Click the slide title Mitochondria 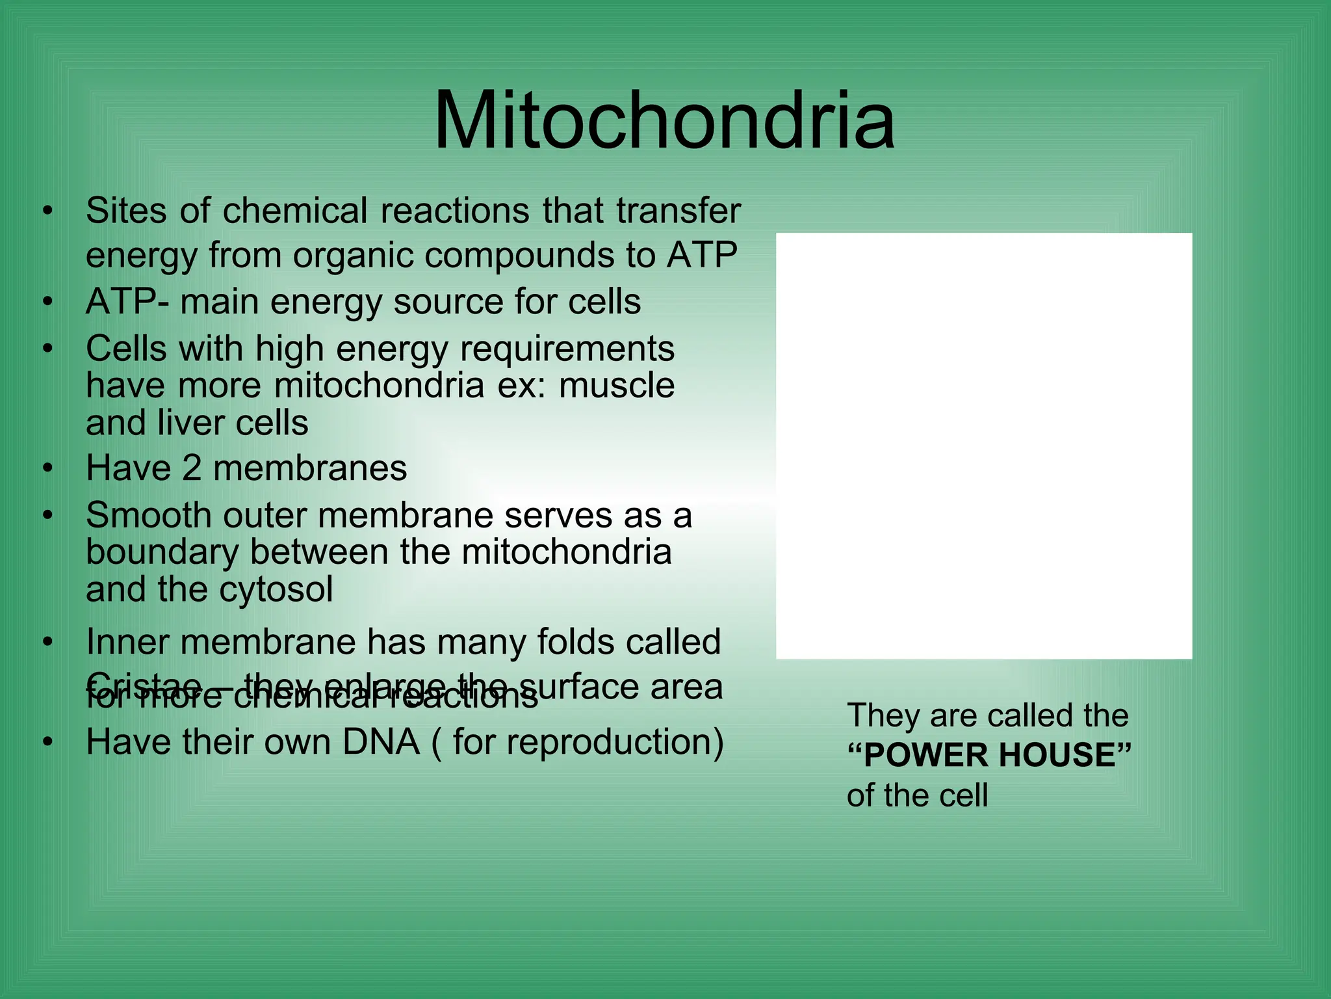(x=664, y=122)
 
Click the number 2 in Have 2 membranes (x=192, y=468)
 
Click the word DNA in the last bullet (x=381, y=742)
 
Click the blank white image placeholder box (x=984, y=446)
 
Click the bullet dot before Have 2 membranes (x=47, y=469)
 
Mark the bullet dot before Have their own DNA (x=47, y=743)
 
